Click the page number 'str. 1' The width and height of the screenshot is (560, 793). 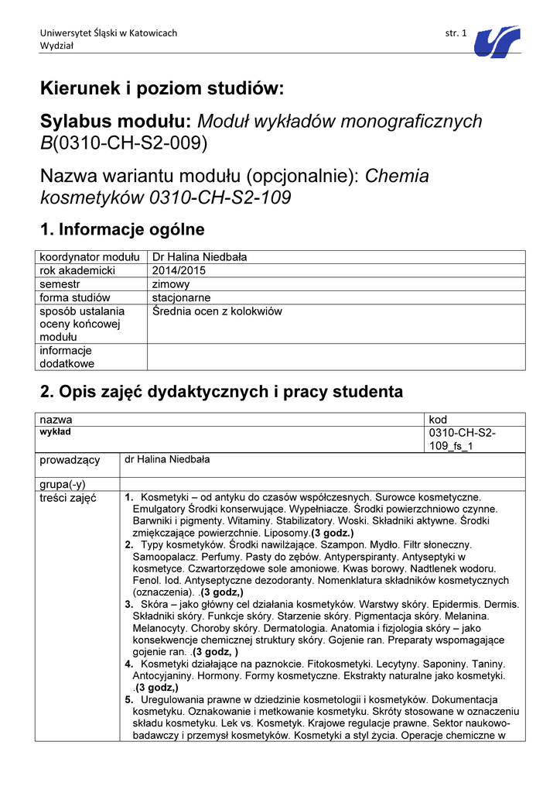pos(456,33)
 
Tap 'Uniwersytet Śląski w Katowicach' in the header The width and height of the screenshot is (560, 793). pos(108,33)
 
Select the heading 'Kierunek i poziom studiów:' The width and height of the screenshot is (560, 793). pos(162,89)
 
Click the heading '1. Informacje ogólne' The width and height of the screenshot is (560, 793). pos(122,229)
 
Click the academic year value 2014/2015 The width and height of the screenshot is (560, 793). pos(179,270)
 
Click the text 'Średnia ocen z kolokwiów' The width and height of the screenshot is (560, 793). pos(217,311)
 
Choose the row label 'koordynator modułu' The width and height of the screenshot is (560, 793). pos(89,257)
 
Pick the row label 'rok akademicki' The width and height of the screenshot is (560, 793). pos(77,270)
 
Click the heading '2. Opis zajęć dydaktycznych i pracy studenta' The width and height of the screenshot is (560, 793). pos(221,391)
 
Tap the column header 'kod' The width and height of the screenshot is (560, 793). pos(438,419)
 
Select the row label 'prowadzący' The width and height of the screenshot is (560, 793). pos(70,460)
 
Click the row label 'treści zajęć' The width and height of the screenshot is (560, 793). pos(68,498)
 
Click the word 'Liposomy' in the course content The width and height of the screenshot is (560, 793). pos(285,533)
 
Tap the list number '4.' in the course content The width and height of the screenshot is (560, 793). pos(129,664)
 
